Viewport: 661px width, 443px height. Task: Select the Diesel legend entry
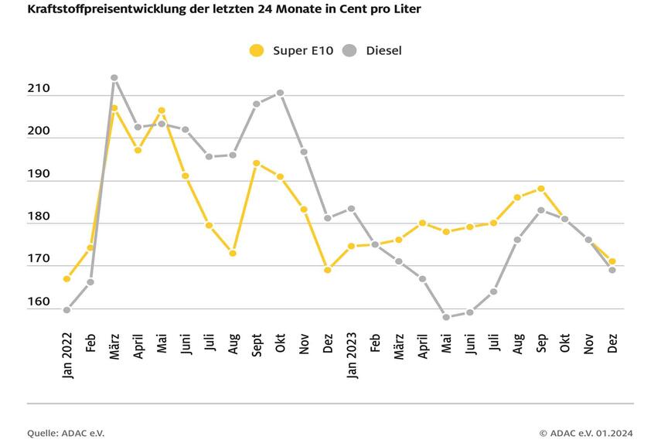(x=373, y=51)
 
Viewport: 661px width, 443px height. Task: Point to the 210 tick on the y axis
(x=39, y=89)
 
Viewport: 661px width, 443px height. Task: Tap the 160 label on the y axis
(x=39, y=303)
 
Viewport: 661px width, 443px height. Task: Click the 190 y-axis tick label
(x=39, y=175)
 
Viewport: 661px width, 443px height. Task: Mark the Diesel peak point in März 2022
(x=114, y=78)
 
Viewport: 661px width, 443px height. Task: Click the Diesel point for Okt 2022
(x=281, y=93)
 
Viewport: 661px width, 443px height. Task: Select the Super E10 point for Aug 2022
(x=233, y=253)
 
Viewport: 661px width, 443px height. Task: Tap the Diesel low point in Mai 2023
(x=446, y=317)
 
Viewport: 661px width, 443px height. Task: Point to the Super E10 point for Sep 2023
(x=541, y=189)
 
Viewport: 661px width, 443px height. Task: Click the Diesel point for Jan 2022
(x=67, y=310)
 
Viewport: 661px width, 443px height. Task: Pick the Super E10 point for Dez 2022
(x=328, y=270)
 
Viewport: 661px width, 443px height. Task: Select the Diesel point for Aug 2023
(x=517, y=240)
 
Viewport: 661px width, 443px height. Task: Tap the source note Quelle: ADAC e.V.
(x=66, y=433)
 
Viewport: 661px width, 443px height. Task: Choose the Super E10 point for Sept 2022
(x=257, y=163)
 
